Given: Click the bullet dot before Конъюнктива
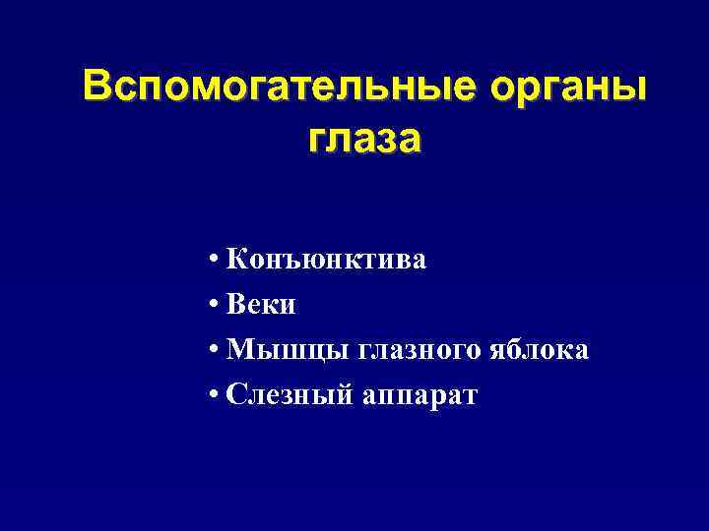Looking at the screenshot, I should point(214,262).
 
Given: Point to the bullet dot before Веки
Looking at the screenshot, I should point(214,307).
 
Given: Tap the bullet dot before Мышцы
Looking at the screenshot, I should point(214,351).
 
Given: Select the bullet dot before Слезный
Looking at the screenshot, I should point(214,396).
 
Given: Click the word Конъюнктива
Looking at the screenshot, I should point(326,261).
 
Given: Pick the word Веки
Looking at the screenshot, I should point(260,306).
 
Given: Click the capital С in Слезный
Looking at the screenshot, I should point(234,395).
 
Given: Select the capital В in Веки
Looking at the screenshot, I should point(235,306).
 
